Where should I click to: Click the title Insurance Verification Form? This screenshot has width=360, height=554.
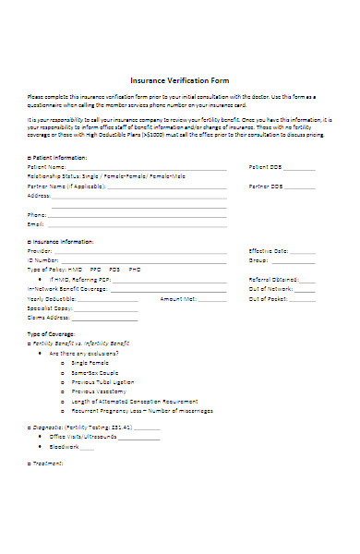180,79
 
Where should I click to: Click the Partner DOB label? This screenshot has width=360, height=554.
265,186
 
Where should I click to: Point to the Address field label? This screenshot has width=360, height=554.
40,196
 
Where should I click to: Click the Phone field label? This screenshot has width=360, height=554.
37,215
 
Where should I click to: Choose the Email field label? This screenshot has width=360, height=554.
36,224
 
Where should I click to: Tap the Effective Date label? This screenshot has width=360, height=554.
269,250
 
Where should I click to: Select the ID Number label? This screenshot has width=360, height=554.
44,260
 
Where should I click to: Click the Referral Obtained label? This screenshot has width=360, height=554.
272,279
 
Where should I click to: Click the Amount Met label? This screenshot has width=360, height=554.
176,298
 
